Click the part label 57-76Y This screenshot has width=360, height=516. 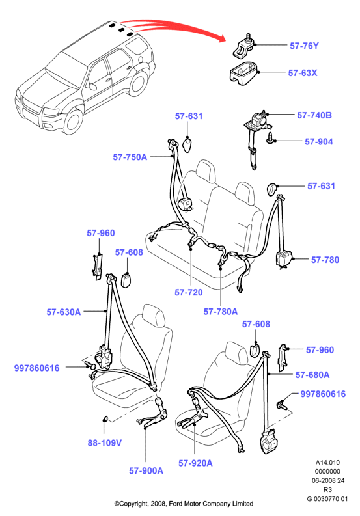click(304, 46)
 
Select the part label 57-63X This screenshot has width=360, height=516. click(303, 73)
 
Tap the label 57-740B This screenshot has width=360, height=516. click(314, 115)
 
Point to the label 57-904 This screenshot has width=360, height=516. click(319, 141)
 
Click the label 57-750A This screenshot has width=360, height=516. click(130, 157)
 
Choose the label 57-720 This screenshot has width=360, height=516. click(188, 292)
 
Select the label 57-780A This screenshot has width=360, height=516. click(220, 311)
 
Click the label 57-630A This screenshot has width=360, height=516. click(64, 312)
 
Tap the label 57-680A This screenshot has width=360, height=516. click(312, 375)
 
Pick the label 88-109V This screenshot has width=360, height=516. click(104, 442)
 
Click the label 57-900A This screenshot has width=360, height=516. click(146, 470)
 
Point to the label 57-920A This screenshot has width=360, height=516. click(195, 463)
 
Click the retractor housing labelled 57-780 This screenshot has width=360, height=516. click(283, 259)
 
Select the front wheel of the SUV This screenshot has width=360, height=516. click(73, 121)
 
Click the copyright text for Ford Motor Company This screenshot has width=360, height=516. click(184, 504)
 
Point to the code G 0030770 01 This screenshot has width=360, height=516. click(327, 499)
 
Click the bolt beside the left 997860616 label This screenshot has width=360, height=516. click(89, 365)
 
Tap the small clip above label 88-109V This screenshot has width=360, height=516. click(105, 418)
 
